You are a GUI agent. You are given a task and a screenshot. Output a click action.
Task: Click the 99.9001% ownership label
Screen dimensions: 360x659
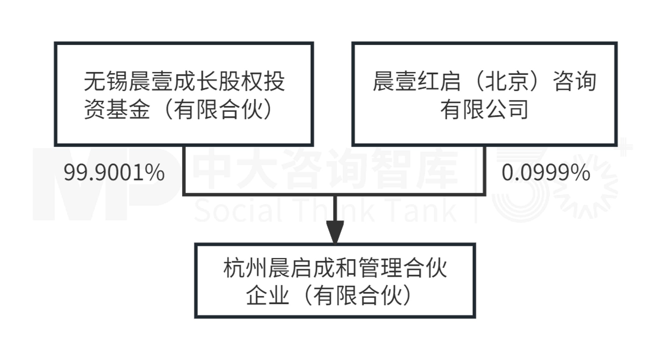[114, 173]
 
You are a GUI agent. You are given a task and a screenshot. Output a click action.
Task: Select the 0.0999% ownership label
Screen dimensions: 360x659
[546, 173]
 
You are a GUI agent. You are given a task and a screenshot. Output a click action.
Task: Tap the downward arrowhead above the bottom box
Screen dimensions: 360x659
[335, 232]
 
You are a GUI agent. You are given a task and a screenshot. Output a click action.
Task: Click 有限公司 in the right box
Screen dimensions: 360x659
[484, 110]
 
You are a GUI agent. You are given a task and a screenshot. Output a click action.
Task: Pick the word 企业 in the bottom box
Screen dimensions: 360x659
[267, 296]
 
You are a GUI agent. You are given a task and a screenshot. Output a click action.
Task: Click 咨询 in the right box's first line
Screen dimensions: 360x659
[575, 82]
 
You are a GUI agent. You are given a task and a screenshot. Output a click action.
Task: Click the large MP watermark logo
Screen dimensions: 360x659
[104, 185]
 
